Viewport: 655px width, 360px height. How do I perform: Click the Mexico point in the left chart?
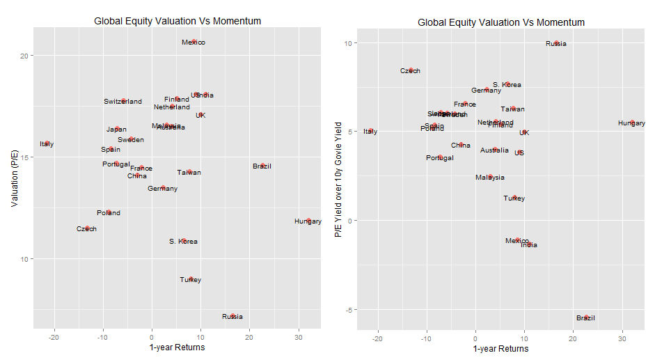pyautogui.click(x=194, y=42)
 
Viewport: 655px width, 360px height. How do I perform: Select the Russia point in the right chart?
pyautogui.click(x=556, y=43)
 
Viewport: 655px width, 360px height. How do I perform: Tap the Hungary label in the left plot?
pyautogui.click(x=308, y=221)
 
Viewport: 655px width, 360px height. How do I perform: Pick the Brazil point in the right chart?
pyautogui.click(x=586, y=318)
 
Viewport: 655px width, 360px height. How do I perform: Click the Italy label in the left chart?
pyautogui.click(x=47, y=144)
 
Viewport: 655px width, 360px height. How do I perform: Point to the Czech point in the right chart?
pyautogui.click(x=411, y=70)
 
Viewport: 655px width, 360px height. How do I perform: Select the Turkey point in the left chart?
pyautogui.click(x=191, y=279)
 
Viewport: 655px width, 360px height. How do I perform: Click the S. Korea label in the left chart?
pyautogui.click(x=183, y=242)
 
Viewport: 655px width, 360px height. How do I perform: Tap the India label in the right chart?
pyautogui.click(x=529, y=245)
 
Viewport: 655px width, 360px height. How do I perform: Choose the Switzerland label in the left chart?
pyautogui.click(x=123, y=102)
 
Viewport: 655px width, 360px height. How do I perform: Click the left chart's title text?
pyautogui.click(x=177, y=21)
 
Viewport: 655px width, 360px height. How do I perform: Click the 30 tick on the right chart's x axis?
pyautogui.click(x=622, y=338)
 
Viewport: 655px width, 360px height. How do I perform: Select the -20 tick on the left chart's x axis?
pyautogui.click(x=54, y=338)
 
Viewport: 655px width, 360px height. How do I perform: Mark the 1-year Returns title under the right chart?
pyautogui.click(x=500, y=349)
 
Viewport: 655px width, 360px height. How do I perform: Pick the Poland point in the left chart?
pyautogui.click(x=109, y=212)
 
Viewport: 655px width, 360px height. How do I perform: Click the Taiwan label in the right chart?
pyautogui.click(x=513, y=109)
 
